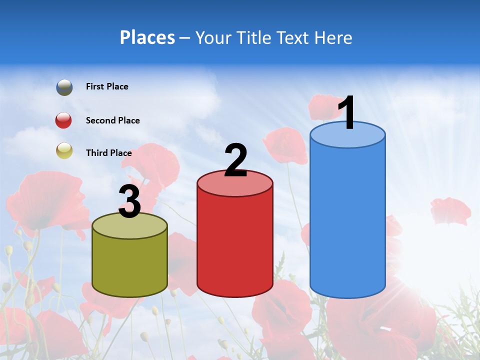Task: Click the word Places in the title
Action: coord(147,37)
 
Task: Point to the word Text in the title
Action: coord(292,37)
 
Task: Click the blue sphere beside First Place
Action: coord(64,87)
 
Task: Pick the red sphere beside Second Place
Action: coord(64,120)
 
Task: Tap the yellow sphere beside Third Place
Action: coord(64,150)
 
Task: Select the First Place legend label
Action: coord(107,86)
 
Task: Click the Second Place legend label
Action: coord(112,120)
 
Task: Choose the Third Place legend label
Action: coord(108,153)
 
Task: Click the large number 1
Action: coord(346,113)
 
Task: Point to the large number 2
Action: coord(235,160)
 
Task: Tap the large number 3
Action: coord(129,202)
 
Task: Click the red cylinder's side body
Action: coord(235,245)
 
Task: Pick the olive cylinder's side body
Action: coord(129,265)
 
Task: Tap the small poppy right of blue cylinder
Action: coord(450,211)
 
